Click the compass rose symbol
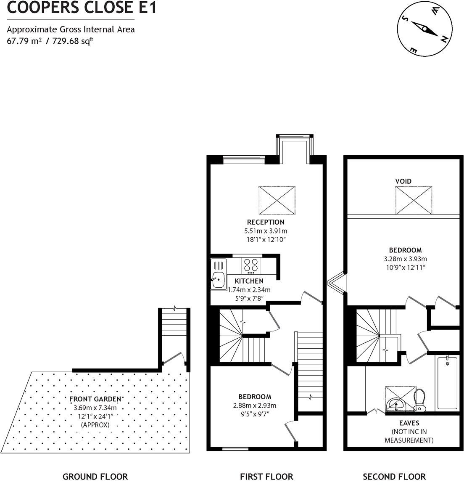click(x=425, y=29)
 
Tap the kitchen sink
click(x=218, y=280)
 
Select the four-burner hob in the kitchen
click(x=251, y=265)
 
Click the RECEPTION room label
click(x=266, y=222)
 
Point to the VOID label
click(x=403, y=181)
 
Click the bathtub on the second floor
click(x=447, y=382)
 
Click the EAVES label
click(x=409, y=423)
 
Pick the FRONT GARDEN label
click(x=95, y=399)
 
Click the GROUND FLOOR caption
click(x=95, y=477)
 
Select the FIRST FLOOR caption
click(x=266, y=477)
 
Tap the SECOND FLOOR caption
click(x=394, y=477)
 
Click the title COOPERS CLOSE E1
click(x=82, y=8)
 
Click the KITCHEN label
click(x=249, y=281)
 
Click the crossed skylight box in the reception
click(x=277, y=200)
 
